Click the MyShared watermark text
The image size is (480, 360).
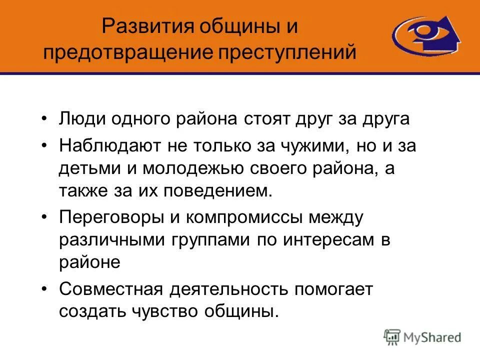[432, 338]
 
